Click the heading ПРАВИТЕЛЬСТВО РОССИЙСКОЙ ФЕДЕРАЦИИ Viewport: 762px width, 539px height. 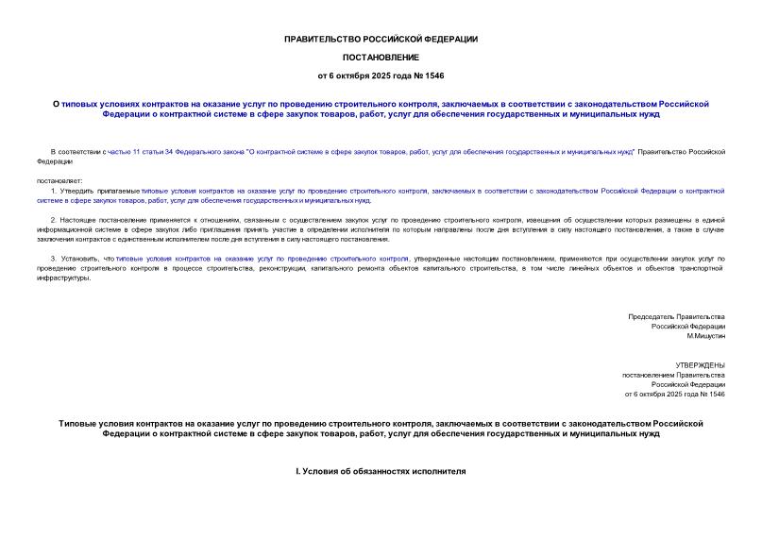pyautogui.click(x=381, y=39)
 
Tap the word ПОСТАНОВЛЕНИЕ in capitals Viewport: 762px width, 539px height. pyautogui.click(x=381, y=57)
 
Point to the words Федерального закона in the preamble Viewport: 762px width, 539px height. pyautogui.click(x=208, y=151)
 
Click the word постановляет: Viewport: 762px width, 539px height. pyautogui.click(x=60, y=180)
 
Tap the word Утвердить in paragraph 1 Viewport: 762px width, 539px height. pyautogui.click(x=78, y=191)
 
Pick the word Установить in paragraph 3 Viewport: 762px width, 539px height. pyautogui.click(x=81, y=259)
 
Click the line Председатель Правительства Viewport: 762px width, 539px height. pyautogui.click(x=676, y=316)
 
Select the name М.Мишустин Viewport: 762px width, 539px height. pyautogui.click(x=705, y=336)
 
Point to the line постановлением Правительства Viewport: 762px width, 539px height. pyautogui.click(x=673, y=375)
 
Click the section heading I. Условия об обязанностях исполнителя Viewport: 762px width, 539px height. pyautogui.click(x=381, y=471)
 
